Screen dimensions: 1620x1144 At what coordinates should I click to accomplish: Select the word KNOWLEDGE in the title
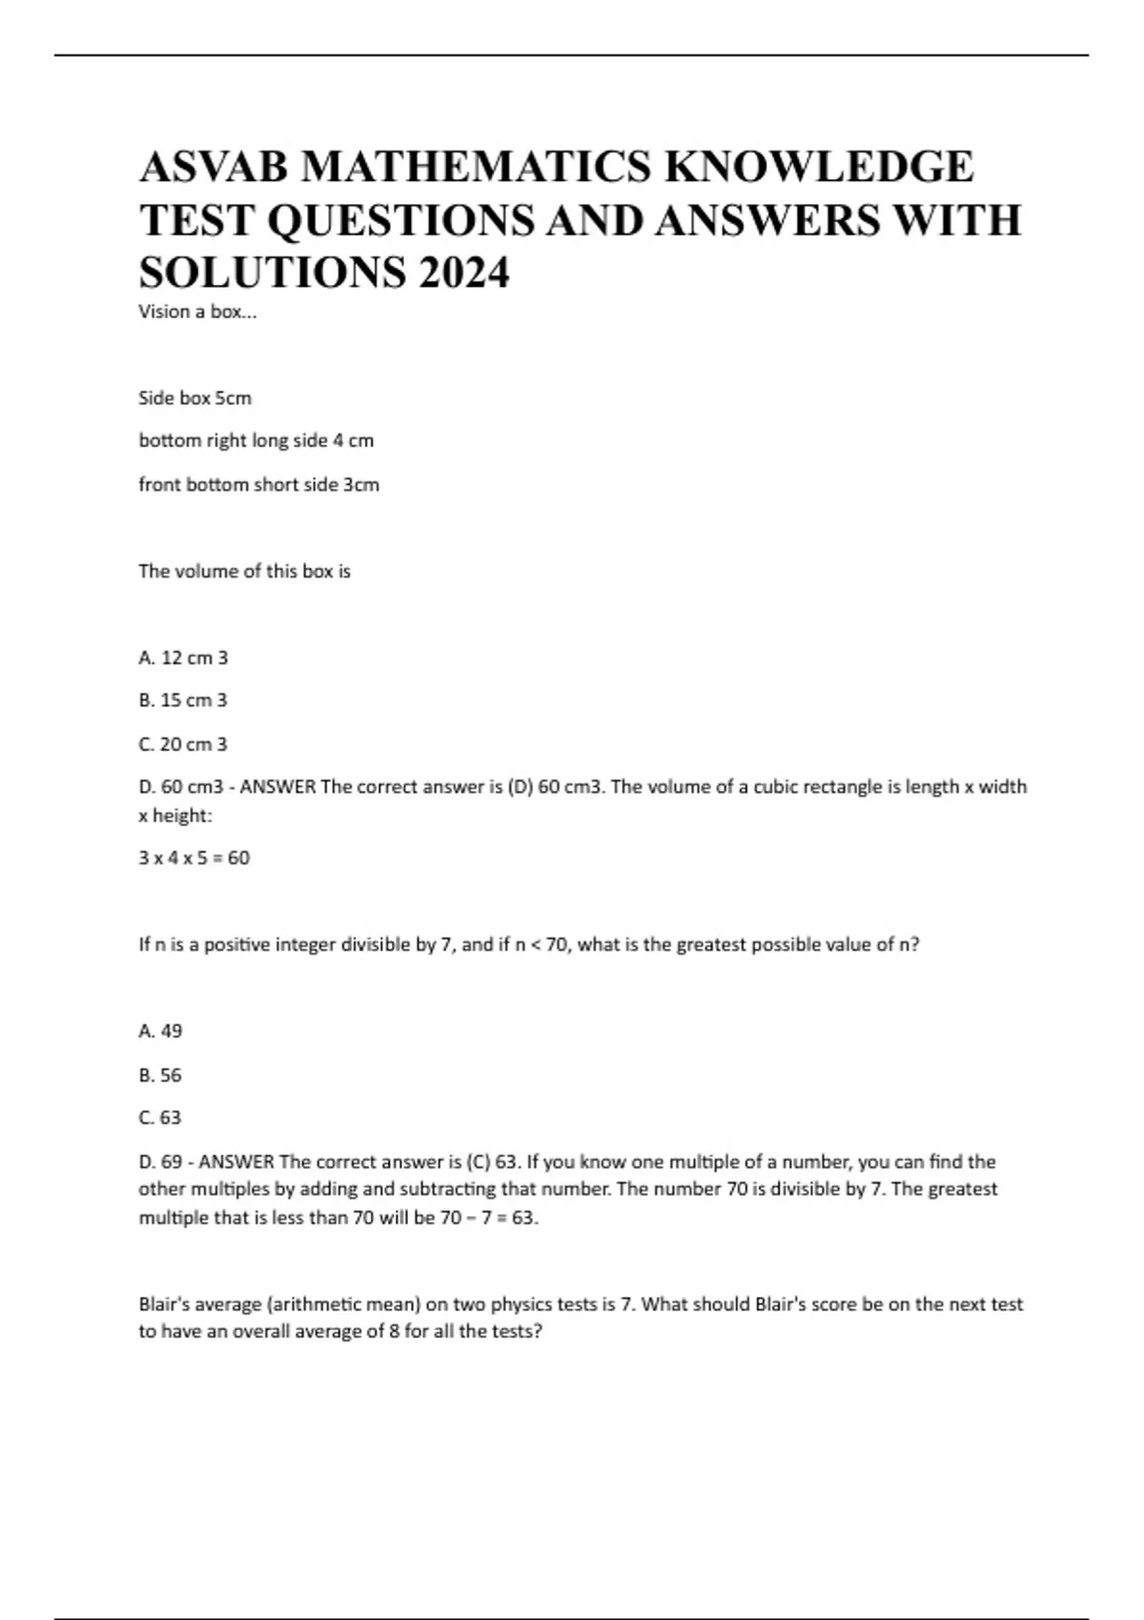(819, 167)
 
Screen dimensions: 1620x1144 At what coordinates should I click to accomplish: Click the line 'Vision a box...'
(197, 312)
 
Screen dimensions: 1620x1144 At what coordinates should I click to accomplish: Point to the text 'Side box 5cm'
(194, 398)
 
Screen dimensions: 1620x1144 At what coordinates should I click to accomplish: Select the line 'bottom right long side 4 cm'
(255, 441)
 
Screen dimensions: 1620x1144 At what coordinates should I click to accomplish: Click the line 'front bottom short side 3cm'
(258, 485)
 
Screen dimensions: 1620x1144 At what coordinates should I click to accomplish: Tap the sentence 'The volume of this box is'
(244, 572)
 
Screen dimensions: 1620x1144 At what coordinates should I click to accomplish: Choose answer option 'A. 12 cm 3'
(183, 658)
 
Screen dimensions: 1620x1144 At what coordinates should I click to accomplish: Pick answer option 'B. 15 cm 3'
(183, 700)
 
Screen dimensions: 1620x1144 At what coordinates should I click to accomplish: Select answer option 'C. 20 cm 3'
(183, 744)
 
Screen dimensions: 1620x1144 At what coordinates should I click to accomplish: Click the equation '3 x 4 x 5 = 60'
(194, 858)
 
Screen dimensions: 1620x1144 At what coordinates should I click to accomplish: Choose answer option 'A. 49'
(160, 1031)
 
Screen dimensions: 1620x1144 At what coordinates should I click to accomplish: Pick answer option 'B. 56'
(160, 1075)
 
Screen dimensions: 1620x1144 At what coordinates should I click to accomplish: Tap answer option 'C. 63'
(160, 1118)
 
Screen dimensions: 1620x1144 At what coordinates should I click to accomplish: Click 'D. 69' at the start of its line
(159, 1162)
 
